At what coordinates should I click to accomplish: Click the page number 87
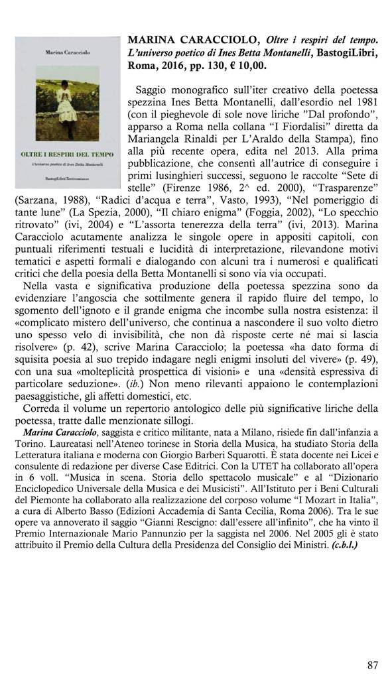pyautogui.click(x=372, y=664)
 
